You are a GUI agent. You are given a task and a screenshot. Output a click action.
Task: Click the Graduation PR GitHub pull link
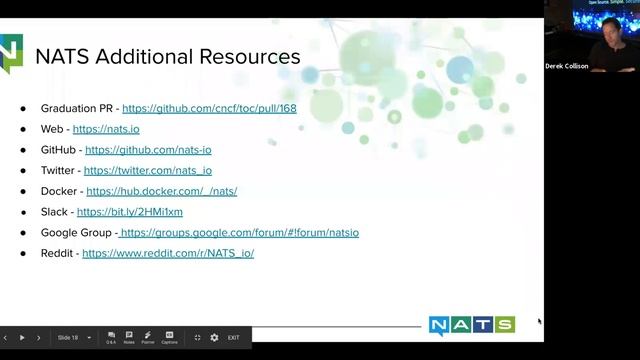click(x=209, y=108)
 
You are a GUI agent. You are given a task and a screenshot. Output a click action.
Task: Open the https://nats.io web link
click(x=105, y=129)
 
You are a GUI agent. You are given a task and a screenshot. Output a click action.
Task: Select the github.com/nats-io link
click(x=148, y=150)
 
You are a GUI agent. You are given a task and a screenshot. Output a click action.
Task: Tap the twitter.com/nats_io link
click(x=148, y=171)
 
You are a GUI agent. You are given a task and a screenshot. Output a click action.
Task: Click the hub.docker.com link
click(x=161, y=191)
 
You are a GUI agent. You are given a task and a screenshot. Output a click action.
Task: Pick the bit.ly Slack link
click(x=130, y=212)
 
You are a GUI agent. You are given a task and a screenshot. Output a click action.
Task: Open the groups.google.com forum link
click(x=239, y=233)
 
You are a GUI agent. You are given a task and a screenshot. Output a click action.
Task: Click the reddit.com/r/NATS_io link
click(x=168, y=254)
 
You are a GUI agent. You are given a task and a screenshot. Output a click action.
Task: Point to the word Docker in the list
click(x=58, y=191)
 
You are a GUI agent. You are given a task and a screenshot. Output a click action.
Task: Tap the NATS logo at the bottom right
click(x=471, y=325)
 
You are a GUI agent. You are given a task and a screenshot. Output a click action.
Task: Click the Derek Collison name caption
click(x=567, y=66)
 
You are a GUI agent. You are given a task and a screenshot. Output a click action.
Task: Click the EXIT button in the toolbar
click(x=233, y=338)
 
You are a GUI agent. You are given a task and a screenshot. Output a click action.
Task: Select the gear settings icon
click(x=214, y=338)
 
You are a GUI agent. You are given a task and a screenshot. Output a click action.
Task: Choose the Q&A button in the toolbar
click(x=111, y=337)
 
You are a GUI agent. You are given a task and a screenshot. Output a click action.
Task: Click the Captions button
click(x=169, y=337)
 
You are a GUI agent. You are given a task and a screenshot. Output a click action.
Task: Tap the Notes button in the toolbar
click(x=129, y=337)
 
